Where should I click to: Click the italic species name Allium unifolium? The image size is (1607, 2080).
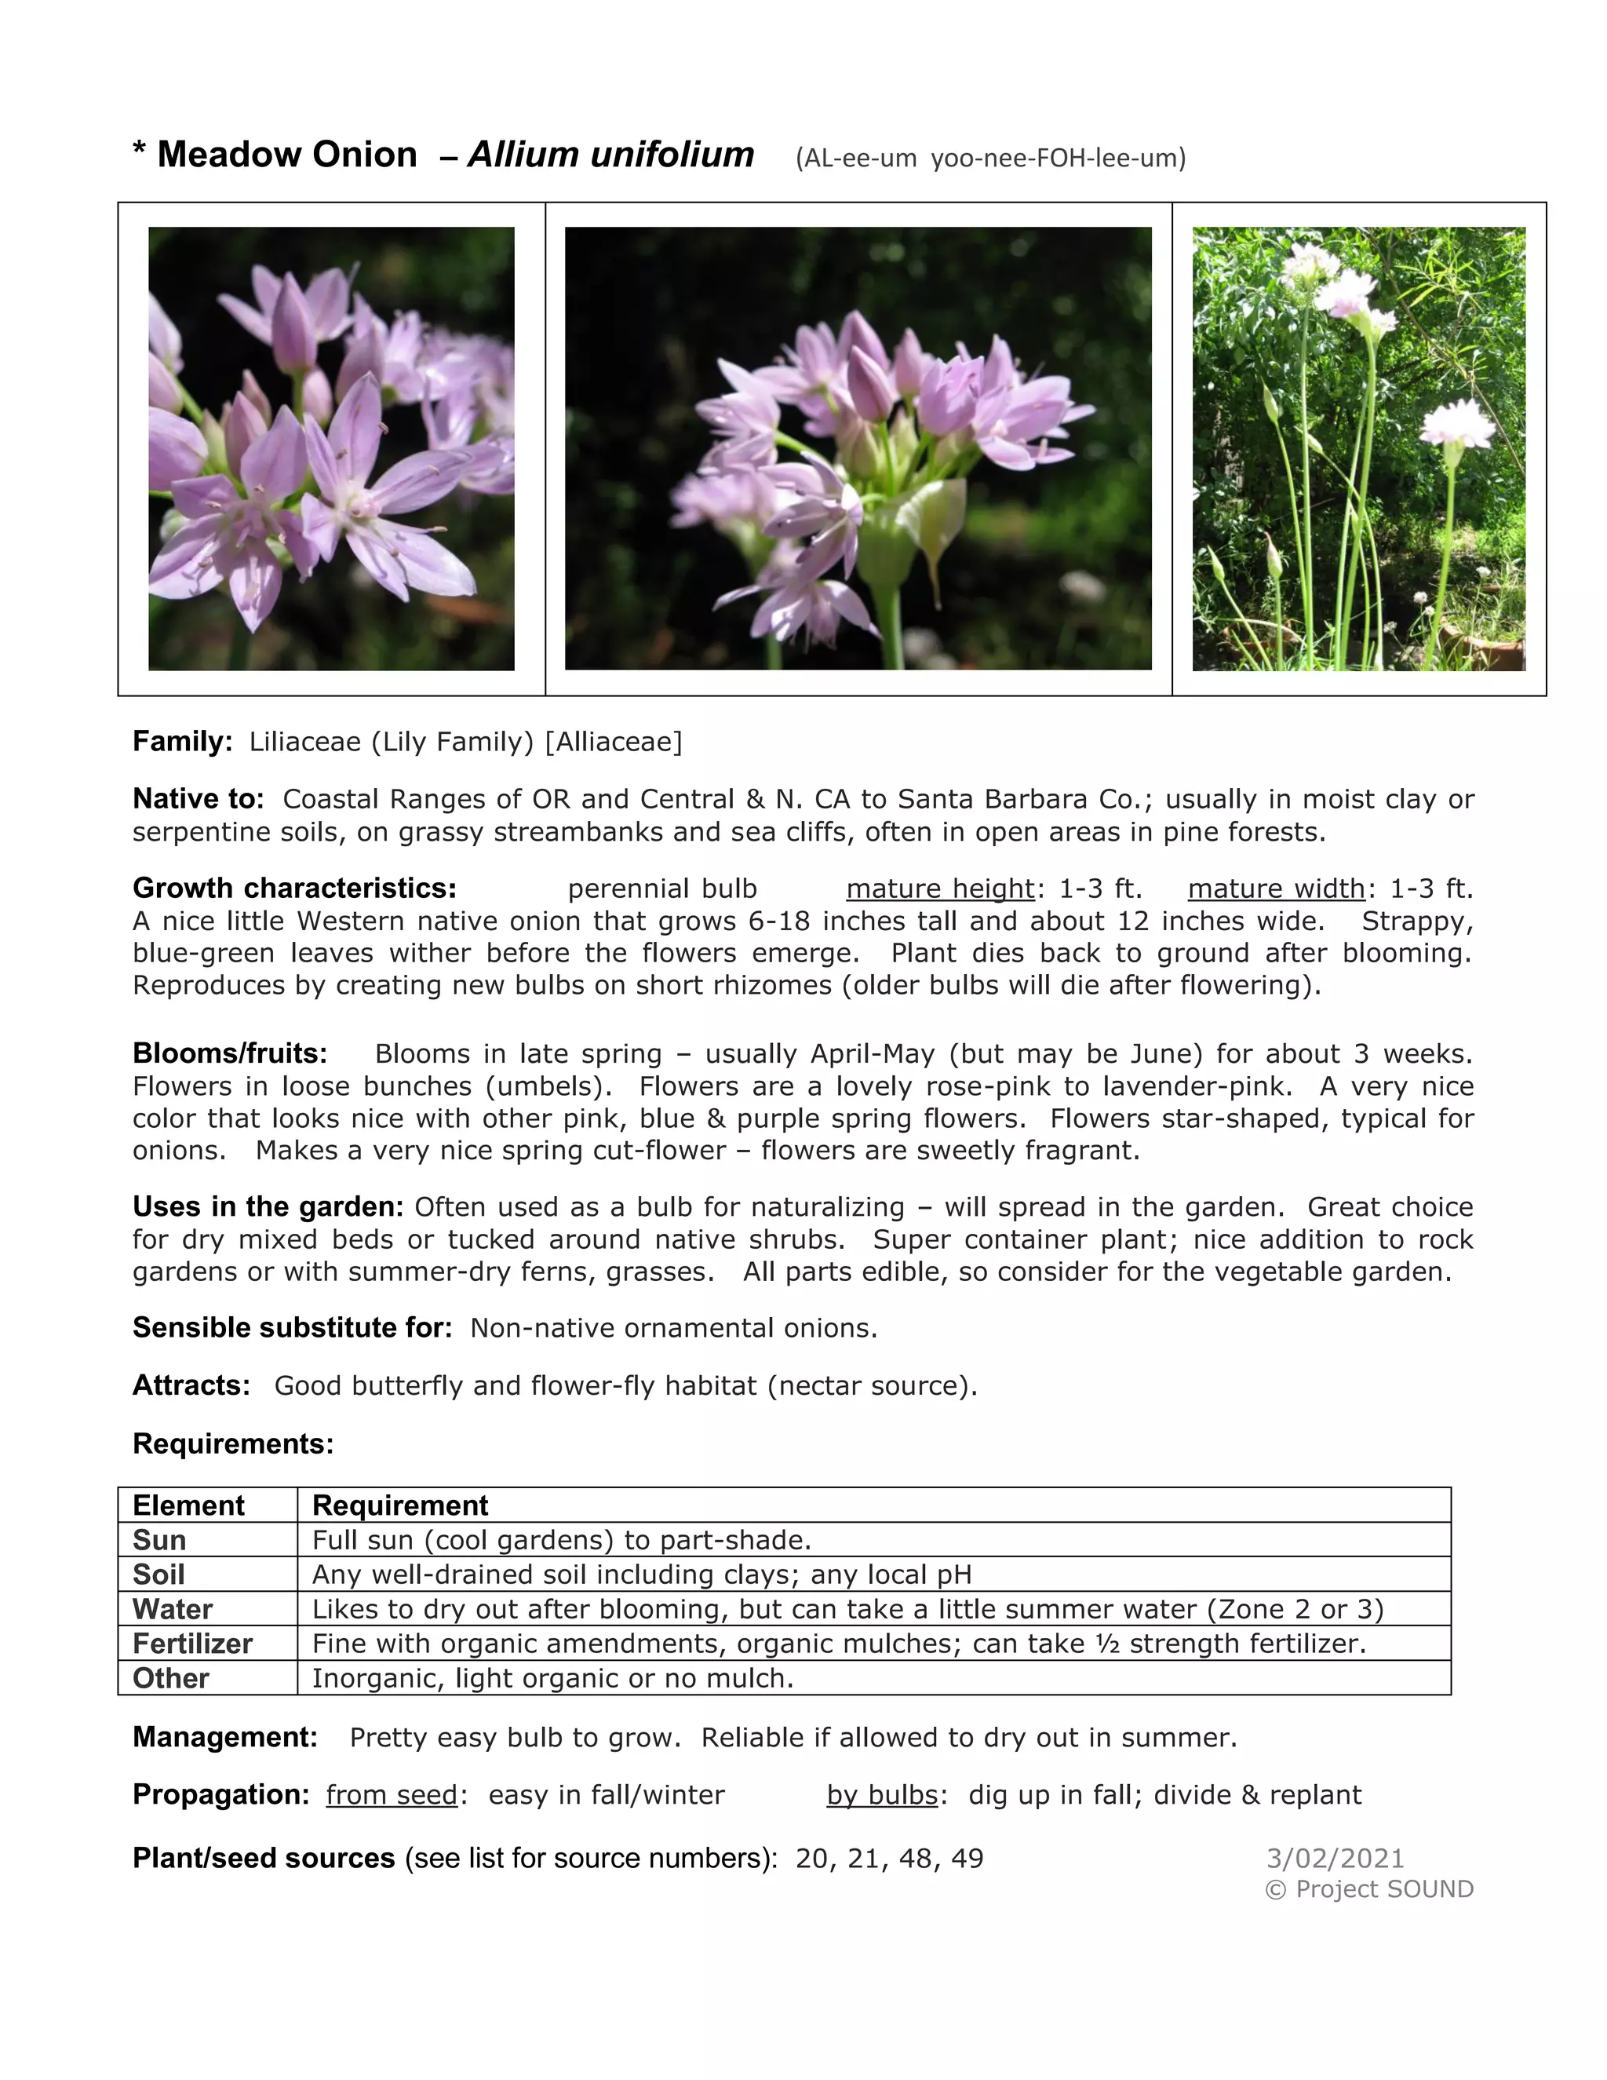610,155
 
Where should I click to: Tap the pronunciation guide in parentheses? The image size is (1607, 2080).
990,158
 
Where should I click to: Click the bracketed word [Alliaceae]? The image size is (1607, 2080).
613,742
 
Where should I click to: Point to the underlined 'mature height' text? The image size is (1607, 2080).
939,889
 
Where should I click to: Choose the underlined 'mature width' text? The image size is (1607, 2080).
1276,889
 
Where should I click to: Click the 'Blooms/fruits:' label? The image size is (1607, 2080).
229,1053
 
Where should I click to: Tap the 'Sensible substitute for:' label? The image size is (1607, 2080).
292,1327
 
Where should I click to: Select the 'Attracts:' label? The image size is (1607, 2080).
191,1385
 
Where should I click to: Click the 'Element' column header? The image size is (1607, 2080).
188,1505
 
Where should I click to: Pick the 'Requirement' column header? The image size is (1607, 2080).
400,1505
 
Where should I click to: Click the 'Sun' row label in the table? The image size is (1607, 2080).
159,1540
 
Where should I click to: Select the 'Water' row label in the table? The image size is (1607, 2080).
173,1610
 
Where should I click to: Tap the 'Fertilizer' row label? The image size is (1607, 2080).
192,1644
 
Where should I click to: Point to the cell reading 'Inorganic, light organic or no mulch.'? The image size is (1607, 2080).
552,1678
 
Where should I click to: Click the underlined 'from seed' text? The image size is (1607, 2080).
392,1795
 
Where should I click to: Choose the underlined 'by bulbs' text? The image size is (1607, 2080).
881,1795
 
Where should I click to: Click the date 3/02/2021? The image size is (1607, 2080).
1335,1858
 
